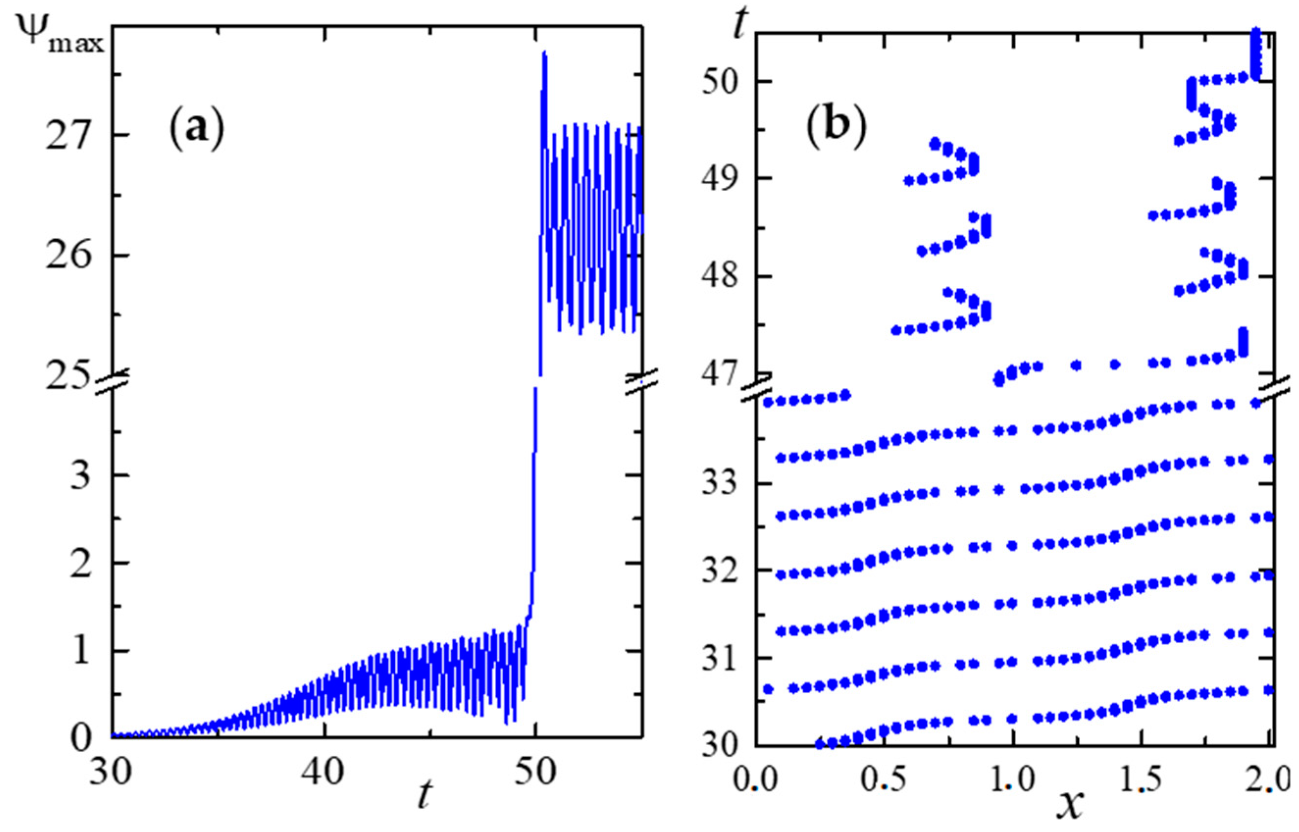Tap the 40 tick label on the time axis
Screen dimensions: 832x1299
[324, 774]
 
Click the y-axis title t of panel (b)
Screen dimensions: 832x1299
[739, 25]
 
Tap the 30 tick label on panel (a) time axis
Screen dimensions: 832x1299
[111, 774]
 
